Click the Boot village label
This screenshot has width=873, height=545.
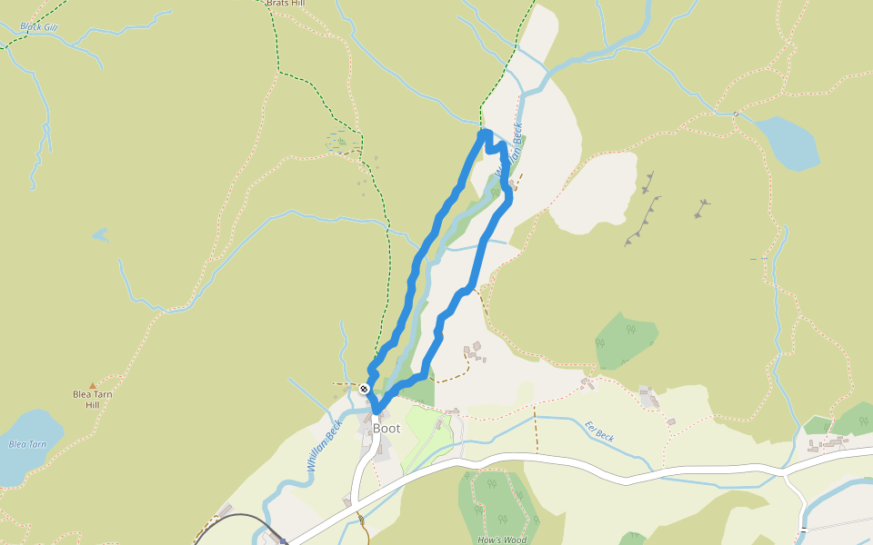click(386, 428)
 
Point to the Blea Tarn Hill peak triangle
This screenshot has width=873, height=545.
click(92, 386)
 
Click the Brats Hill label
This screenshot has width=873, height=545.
click(285, 4)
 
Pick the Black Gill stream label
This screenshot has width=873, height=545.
click(38, 27)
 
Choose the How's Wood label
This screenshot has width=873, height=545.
click(501, 540)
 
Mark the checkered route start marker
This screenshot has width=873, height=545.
click(364, 389)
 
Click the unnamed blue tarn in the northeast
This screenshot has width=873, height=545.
click(788, 143)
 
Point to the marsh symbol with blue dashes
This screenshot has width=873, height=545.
click(340, 141)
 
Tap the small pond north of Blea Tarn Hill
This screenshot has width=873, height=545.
click(99, 234)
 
